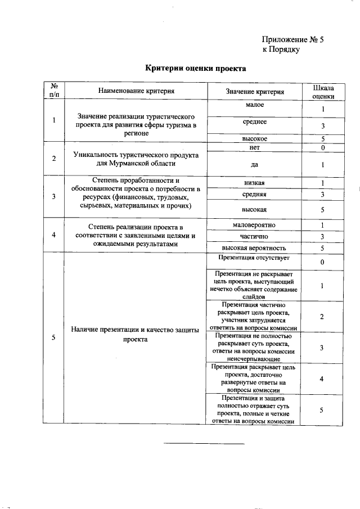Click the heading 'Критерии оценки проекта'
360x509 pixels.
[x=195, y=68]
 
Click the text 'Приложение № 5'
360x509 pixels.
[x=293, y=40]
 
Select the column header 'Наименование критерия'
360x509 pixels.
[x=136, y=90]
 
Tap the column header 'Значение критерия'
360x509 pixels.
[x=255, y=91]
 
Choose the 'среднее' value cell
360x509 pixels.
[x=255, y=121]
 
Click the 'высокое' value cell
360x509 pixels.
[x=255, y=138]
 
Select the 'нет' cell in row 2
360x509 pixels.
[x=255, y=147]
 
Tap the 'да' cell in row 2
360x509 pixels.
[x=255, y=165]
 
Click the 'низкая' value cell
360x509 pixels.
[x=255, y=183]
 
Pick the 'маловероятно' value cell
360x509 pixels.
[x=255, y=225]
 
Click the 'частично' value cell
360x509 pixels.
[x=255, y=236]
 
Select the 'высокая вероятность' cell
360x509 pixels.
[x=255, y=247]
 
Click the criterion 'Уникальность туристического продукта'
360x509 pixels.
[x=136, y=154]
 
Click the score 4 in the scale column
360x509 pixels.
[x=322, y=379]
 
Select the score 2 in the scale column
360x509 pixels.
[x=322, y=317]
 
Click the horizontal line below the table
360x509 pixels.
[x=204, y=444]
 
